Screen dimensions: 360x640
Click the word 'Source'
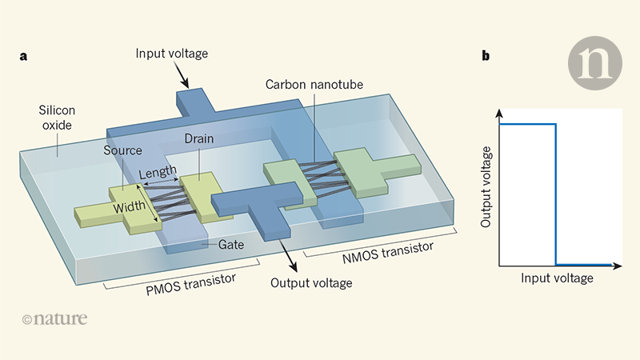point(123,150)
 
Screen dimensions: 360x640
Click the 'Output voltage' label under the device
point(311,282)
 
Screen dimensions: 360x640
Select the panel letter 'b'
point(486,56)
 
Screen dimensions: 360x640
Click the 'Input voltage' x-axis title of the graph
point(557,278)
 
